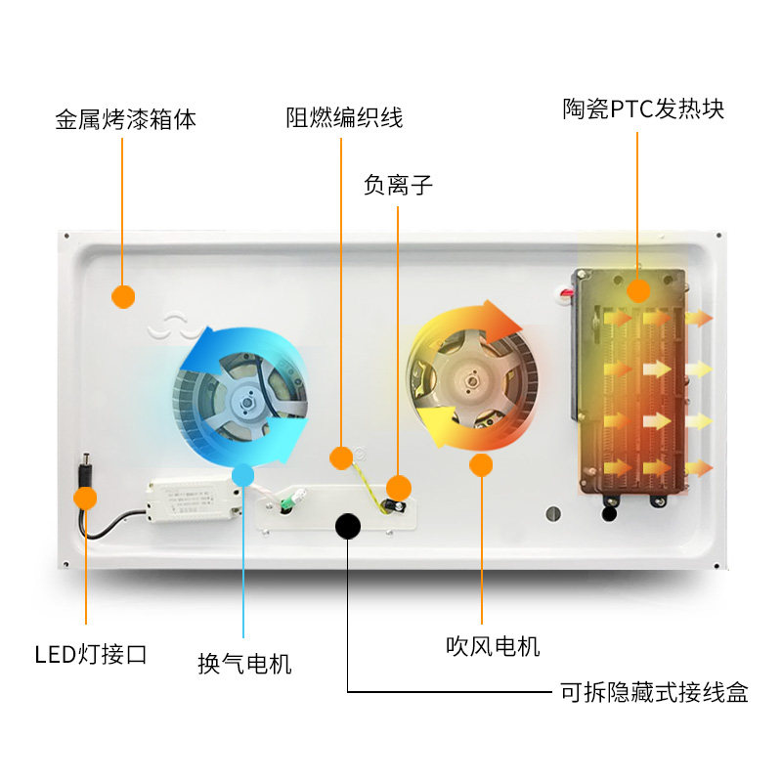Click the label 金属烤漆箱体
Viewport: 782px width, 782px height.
coord(126,120)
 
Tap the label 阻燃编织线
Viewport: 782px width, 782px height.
coord(344,118)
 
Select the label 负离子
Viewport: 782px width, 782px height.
coord(397,185)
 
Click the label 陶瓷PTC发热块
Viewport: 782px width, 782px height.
coord(643,109)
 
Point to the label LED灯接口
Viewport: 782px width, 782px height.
coord(91,654)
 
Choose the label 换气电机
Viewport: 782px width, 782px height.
coord(244,664)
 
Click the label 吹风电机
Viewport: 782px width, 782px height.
coord(493,646)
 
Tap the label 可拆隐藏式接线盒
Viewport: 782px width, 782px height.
coord(654,693)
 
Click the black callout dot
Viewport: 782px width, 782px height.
coord(347,526)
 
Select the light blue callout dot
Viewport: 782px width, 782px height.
coord(243,476)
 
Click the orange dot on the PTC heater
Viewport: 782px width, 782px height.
coord(638,289)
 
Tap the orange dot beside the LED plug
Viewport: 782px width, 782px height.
coord(86,499)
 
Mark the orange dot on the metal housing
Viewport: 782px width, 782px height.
coord(123,296)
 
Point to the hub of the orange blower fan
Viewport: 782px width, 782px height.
coord(470,375)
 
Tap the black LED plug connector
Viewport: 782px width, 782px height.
coord(85,470)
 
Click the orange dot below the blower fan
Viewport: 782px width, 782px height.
coord(480,464)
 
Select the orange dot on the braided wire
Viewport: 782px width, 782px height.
coord(341,456)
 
